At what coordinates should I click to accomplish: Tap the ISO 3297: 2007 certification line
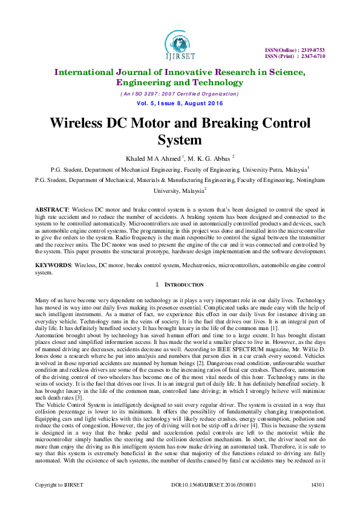[180, 94]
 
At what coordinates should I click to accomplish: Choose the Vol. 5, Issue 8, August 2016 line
[180, 103]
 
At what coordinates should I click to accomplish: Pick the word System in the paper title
[180, 141]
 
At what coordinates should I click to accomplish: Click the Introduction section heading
[182, 285]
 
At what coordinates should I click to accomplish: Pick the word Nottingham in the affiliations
[307, 180]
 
